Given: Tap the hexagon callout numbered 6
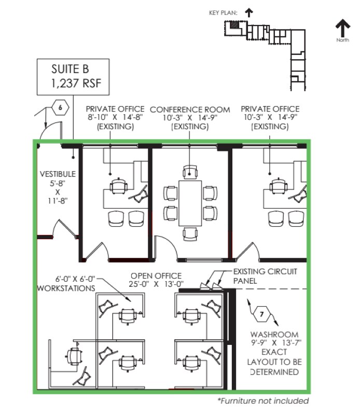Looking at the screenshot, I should click(61, 108).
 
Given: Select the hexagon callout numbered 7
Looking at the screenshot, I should click(261, 314).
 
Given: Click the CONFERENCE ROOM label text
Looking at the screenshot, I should click(190, 109).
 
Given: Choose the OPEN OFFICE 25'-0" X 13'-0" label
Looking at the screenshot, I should click(156, 280).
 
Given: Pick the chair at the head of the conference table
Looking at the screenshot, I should click(190, 172).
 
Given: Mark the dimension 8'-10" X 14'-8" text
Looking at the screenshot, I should click(115, 118).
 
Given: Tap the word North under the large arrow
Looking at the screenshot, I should click(342, 40).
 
